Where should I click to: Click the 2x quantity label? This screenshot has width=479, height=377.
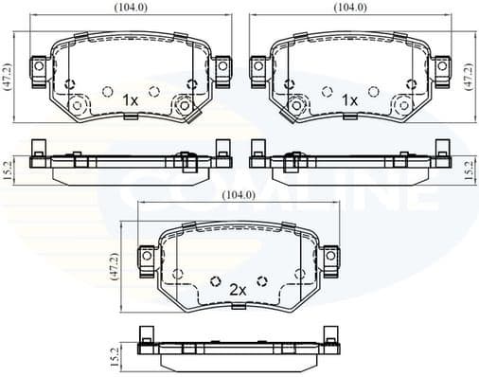[237, 290]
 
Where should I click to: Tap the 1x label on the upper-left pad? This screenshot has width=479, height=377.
[130, 99]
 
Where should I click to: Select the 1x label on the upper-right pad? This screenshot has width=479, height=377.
[348, 99]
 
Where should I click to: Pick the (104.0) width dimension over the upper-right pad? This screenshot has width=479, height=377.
[349, 7]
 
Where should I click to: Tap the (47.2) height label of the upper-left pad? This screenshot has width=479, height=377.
[9, 77]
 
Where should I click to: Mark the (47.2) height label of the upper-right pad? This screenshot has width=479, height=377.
[470, 77]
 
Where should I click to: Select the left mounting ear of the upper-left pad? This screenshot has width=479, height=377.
[40, 67]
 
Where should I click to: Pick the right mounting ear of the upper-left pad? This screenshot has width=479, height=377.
[222, 67]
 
